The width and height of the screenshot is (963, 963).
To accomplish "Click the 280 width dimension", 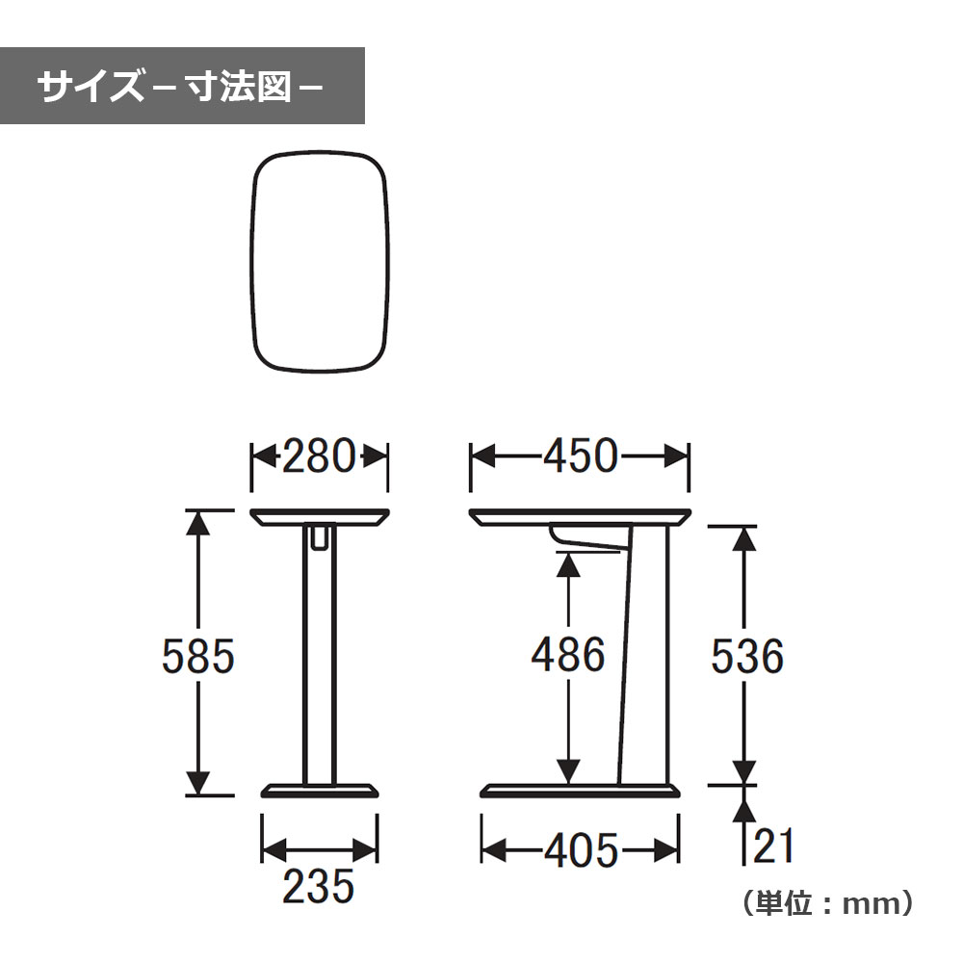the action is coord(319,455).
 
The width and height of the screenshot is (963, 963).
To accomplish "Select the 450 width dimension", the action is coord(581,455).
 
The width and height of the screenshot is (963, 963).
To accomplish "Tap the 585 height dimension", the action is coord(198,656).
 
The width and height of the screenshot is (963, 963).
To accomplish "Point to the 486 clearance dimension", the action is coord(568,654).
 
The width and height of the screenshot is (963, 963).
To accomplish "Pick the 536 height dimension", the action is coord(747,656).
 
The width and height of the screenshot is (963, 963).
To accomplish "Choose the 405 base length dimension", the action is coord(582,850).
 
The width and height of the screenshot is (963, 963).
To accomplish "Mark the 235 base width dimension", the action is coord(319,886).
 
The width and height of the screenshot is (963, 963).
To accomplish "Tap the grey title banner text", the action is coord(181,86).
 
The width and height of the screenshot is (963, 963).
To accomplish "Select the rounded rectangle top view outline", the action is coord(252,261).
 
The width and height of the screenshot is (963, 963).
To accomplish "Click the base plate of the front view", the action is coord(320,791).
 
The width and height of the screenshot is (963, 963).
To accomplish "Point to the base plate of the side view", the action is coord(580,791).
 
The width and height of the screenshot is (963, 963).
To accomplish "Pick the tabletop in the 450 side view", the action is coord(581,517).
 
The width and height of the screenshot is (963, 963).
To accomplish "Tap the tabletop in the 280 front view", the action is coord(320,517).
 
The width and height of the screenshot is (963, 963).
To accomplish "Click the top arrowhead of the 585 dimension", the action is coord(197,523).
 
